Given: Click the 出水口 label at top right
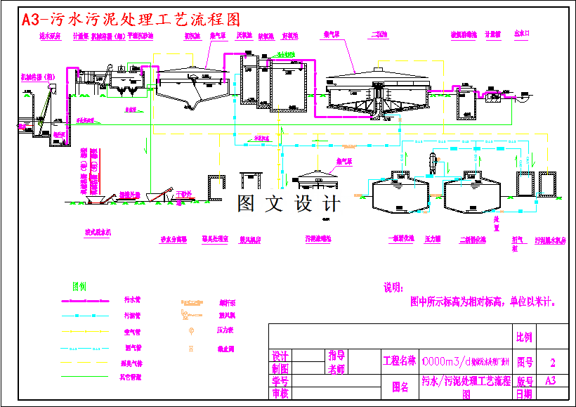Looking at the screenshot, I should point(521,33).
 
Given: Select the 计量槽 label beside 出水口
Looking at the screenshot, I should point(492,34).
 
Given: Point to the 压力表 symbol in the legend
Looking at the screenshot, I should point(191,330).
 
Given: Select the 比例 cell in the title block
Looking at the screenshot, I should point(524,337).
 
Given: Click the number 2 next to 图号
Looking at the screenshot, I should point(553,363).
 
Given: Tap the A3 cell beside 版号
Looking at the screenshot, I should point(552,380).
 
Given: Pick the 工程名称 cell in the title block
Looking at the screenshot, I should point(398,362).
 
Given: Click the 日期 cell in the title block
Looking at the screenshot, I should point(524,394).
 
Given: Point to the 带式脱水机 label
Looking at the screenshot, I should point(98,231).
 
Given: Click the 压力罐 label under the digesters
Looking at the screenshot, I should point(433,239).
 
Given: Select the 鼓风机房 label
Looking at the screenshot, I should point(250,240).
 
